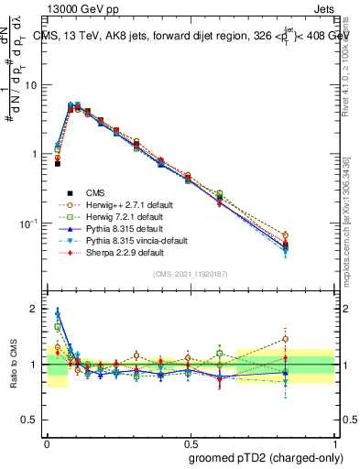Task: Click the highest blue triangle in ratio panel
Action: point(58,312)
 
